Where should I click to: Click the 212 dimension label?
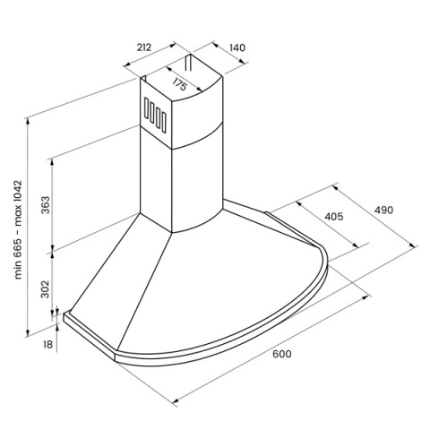tap(144, 47)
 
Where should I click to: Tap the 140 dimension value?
tap(237, 47)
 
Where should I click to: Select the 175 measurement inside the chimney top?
tap(179, 84)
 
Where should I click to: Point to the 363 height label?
tap(46, 205)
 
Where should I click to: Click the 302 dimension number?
tap(46, 289)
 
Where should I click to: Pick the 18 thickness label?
tap(47, 344)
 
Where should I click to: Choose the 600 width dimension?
tap(281, 354)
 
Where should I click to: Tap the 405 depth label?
tap(333, 216)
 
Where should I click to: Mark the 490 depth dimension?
tap(383, 211)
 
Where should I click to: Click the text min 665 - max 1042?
tap(19, 229)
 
